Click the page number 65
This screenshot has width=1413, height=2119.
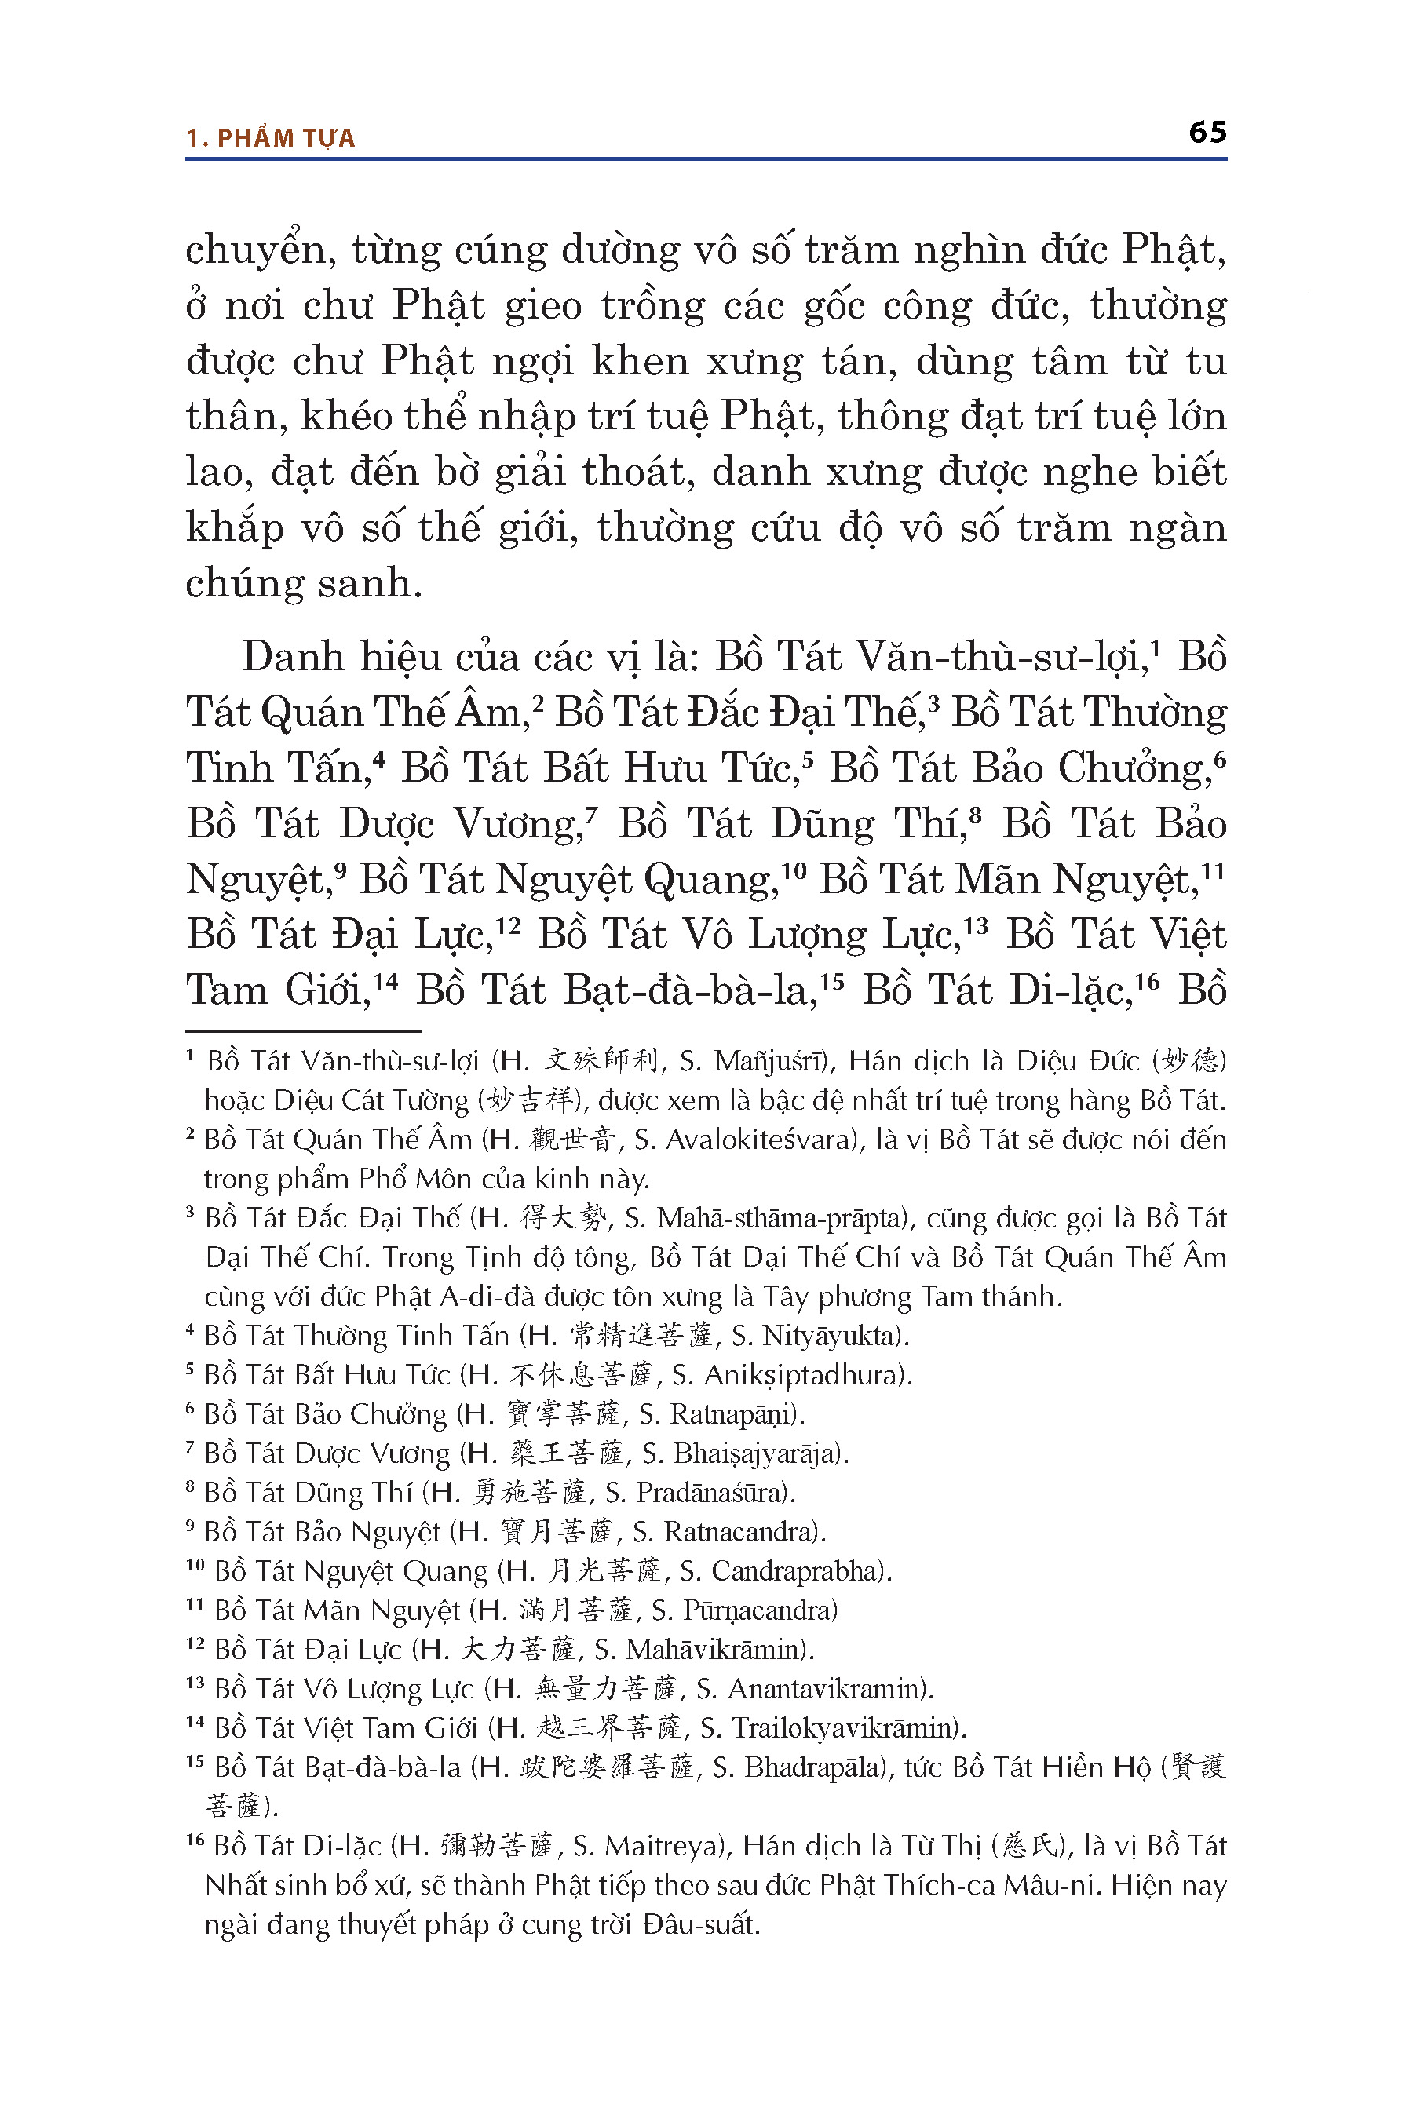click(1207, 133)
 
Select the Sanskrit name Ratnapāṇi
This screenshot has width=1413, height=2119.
click(733, 1413)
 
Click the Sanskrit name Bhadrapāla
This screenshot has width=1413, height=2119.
click(811, 1767)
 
